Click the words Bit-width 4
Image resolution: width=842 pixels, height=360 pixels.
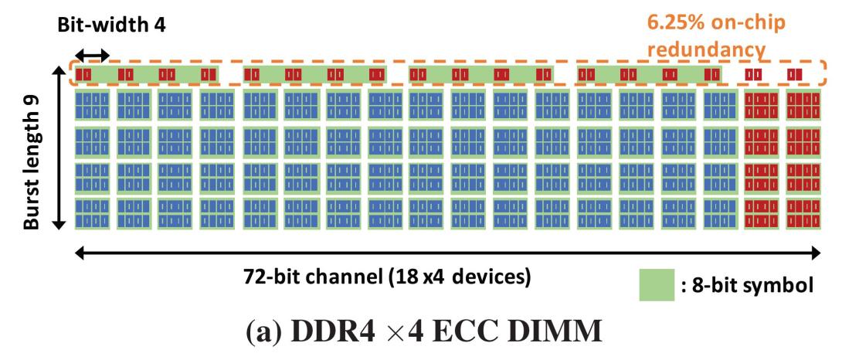pos(112,25)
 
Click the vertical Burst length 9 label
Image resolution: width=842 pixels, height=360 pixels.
pos(32,147)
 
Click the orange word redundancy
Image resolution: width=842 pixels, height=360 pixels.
pos(706,49)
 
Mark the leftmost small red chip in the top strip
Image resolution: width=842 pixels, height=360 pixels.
pos(83,74)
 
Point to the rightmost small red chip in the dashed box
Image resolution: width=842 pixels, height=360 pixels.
pos(795,74)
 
